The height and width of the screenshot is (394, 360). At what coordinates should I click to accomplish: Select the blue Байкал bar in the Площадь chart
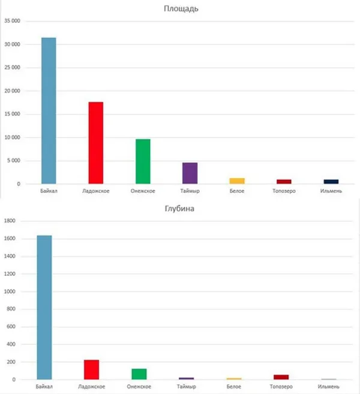coord(49,111)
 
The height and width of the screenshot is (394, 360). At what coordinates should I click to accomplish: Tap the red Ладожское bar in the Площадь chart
coord(96,143)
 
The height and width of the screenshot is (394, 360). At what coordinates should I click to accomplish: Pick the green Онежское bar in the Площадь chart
coord(143,162)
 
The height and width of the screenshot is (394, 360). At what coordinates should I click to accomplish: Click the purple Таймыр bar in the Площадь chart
coord(190,173)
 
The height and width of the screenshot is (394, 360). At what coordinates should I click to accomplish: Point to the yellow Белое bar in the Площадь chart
coord(237,181)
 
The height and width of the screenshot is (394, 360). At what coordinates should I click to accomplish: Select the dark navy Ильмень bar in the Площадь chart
coord(331,181)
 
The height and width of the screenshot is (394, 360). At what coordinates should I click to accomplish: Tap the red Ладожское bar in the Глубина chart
coord(92,369)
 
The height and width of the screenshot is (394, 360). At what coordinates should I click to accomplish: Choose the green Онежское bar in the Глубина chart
coord(139,374)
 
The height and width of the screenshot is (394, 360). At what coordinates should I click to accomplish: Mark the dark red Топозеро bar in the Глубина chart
coord(281,377)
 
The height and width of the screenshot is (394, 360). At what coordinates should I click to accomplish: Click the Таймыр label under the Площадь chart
coord(190,192)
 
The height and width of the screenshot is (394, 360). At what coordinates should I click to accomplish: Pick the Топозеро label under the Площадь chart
coord(284,192)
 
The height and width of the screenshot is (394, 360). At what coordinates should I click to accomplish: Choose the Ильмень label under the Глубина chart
coord(328,387)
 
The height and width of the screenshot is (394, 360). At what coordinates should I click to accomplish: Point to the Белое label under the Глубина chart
coord(233,387)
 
